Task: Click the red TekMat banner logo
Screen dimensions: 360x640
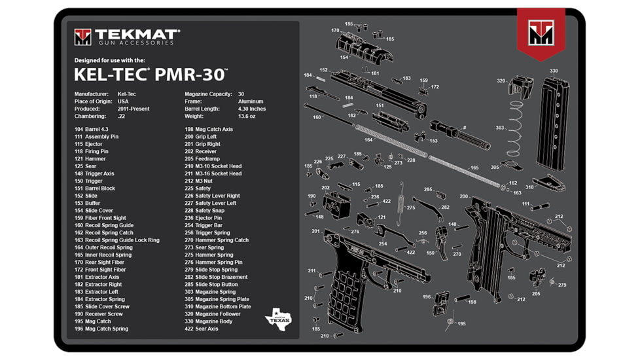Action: point(541,33)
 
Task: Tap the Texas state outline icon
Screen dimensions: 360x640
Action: point(277,319)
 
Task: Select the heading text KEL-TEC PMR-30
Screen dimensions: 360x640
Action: point(151,74)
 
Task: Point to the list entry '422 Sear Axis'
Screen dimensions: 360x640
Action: point(201,329)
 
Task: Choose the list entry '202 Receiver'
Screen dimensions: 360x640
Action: point(200,151)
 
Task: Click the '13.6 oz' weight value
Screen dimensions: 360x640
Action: point(247,116)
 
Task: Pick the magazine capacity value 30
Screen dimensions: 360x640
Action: point(241,94)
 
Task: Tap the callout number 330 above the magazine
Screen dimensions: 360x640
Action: point(554,71)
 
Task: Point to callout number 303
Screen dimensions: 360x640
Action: point(500,128)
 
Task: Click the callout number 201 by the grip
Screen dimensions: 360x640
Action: point(316,231)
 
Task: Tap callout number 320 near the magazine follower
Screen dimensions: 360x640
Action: point(501,81)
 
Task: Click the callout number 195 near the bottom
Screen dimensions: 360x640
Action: point(461,324)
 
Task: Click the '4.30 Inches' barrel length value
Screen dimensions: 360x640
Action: point(251,109)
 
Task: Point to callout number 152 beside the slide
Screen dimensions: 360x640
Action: point(323,70)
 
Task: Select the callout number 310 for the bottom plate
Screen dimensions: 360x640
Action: point(529,187)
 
